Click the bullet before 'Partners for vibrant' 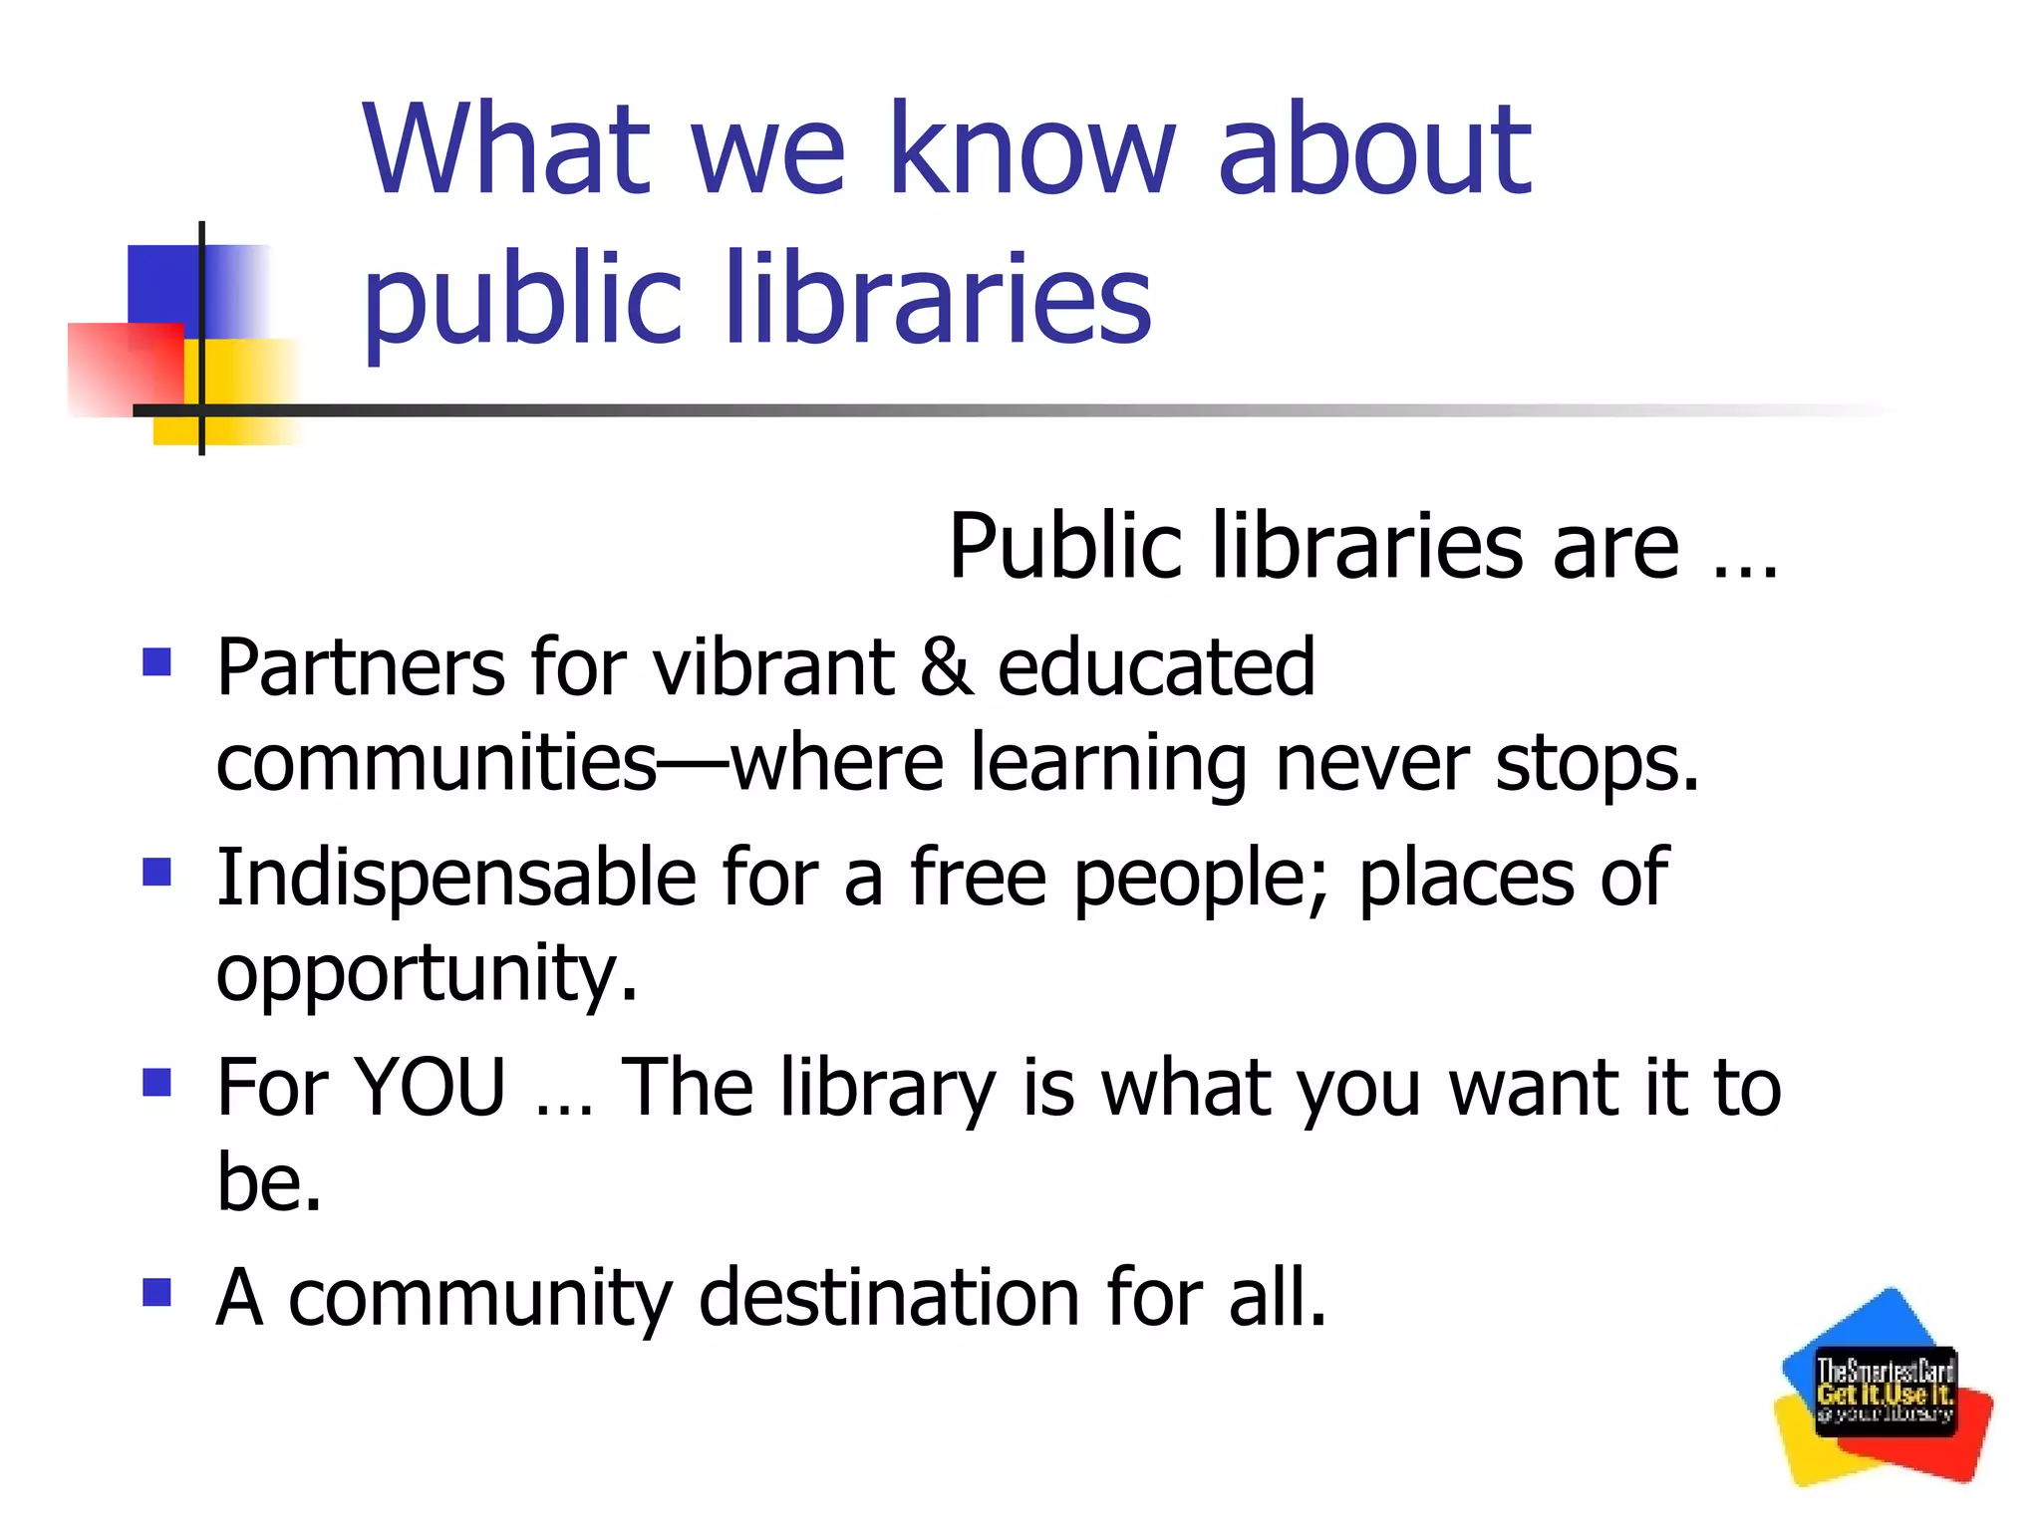(x=157, y=662)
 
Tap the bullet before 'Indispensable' (x=157, y=872)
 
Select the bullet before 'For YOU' (x=157, y=1082)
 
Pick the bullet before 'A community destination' (x=157, y=1292)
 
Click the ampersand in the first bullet (x=946, y=666)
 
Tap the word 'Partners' (x=361, y=666)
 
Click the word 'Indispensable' (x=456, y=877)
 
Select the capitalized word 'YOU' (x=431, y=1087)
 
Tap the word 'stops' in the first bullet (x=1596, y=763)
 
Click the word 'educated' (x=1156, y=666)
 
